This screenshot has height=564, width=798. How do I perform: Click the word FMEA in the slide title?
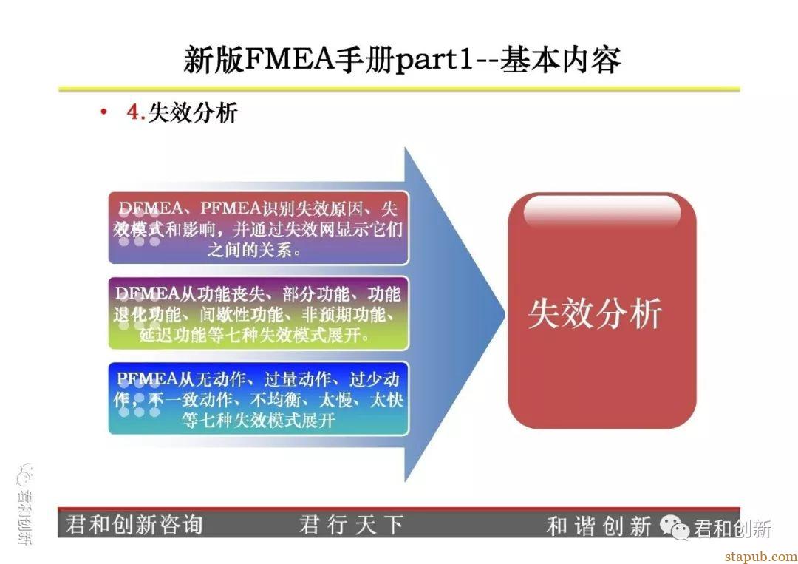(289, 59)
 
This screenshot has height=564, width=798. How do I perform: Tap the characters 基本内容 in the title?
(560, 60)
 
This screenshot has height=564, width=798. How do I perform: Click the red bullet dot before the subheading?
(104, 112)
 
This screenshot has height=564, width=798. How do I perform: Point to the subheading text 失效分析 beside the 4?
(193, 112)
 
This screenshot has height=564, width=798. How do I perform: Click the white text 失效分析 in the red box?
(595, 313)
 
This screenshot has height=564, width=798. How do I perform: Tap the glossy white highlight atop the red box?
(602, 210)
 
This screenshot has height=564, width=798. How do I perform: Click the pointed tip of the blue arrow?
(504, 314)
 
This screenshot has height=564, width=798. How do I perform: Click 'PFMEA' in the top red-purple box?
(231, 208)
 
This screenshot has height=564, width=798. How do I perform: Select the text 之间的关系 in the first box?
(249, 250)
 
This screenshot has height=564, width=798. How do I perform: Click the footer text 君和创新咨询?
(134, 524)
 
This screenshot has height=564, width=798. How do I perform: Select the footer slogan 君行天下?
(351, 525)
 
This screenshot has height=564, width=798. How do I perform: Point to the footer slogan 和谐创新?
(598, 526)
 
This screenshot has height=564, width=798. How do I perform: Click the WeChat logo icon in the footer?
(675, 527)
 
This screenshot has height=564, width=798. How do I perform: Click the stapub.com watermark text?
(761, 557)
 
